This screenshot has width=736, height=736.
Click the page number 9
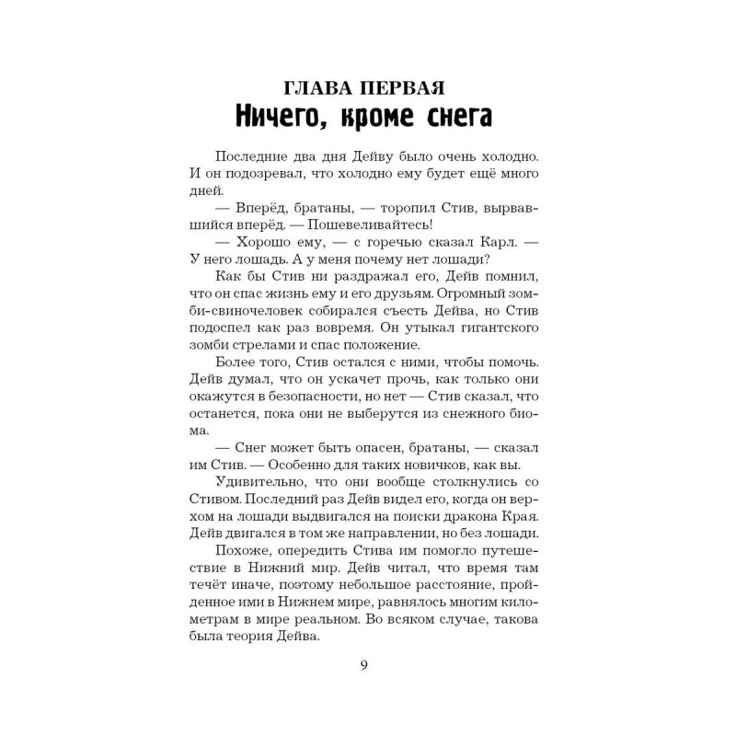pyautogui.click(x=365, y=666)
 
